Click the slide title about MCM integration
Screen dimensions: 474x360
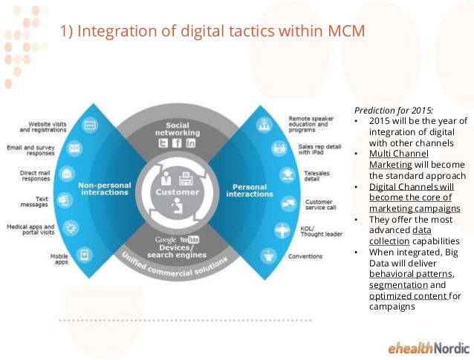click(x=212, y=32)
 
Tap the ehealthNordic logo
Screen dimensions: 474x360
click(x=429, y=347)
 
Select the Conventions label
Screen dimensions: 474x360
click(x=306, y=255)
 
